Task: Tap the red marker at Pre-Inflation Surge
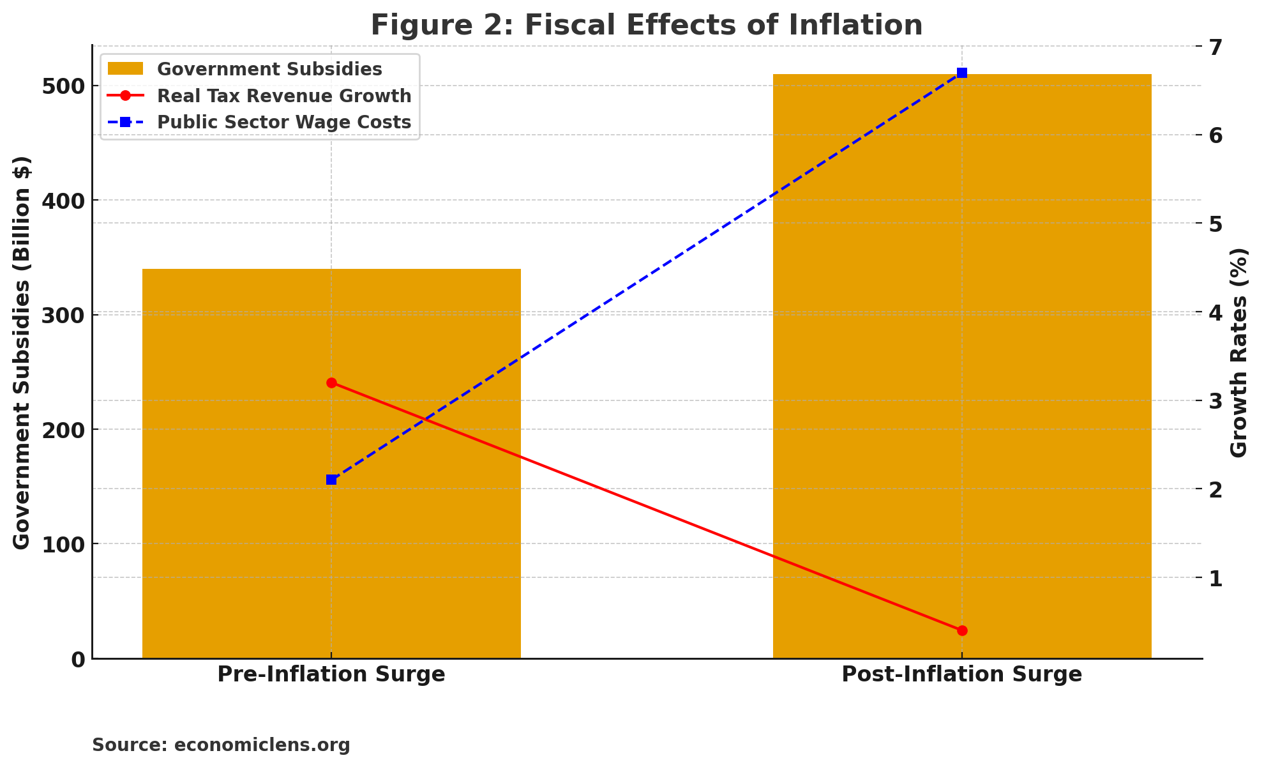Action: [331, 383]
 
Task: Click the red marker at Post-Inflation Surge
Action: [962, 630]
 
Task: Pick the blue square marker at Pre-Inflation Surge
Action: [331, 480]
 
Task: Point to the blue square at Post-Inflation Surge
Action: [962, 73]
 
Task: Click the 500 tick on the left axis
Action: [66, 86]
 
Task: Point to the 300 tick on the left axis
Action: [66, 315]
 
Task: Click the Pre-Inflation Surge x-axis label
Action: [331, 674]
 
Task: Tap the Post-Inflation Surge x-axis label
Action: [962, 674]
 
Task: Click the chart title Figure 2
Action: [646, 26]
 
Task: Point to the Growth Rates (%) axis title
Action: [1238, 353]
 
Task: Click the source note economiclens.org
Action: [221, 745]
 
